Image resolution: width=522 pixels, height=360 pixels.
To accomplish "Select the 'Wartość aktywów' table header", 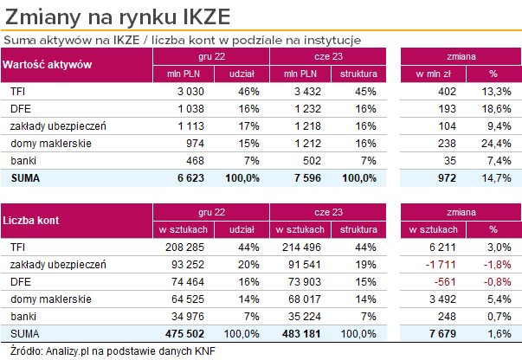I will click(x=48, y=66).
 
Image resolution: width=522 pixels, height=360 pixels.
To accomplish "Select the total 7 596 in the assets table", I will click(x=307, y=177).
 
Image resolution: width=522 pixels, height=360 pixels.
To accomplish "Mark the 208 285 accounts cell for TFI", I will click(x=185, y=247).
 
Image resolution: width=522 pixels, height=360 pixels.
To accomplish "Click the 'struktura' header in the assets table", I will click(x=358, y=74).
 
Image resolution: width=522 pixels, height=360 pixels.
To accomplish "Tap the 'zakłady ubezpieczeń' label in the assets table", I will click(x=57, y=125).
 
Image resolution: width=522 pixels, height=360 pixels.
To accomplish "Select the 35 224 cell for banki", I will click(x=307, y=316).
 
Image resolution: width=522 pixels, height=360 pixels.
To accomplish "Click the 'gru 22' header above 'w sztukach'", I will click(x=211, y=213).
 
